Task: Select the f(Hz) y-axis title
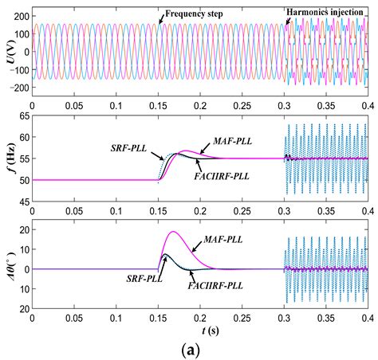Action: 8,158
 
